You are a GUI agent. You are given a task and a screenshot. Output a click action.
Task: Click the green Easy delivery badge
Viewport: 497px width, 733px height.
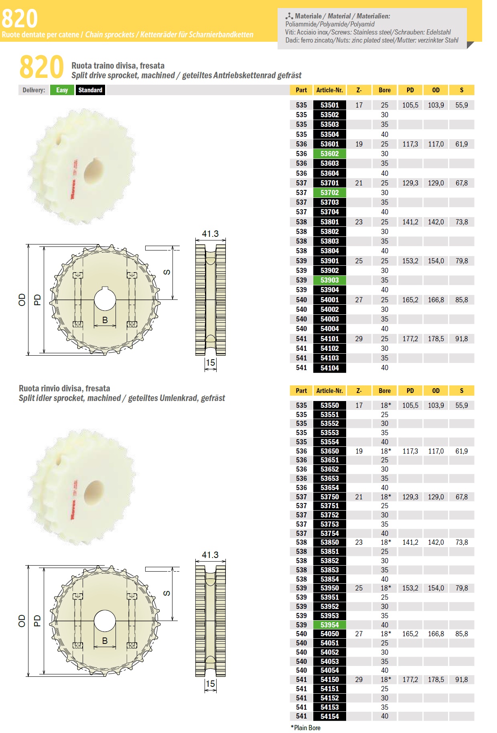(x=62, y=90)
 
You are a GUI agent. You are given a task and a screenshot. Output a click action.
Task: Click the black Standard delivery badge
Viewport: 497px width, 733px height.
(x=90, y=90)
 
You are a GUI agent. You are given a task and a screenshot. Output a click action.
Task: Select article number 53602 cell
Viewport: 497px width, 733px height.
(x=330, y=154)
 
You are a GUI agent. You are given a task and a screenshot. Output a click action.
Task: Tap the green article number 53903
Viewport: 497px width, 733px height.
(x=330, y=280)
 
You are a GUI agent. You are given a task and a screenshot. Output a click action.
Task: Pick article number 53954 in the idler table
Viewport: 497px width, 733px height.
(x=330, y=625)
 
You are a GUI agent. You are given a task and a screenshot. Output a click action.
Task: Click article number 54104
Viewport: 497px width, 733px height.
(x=330, y=368)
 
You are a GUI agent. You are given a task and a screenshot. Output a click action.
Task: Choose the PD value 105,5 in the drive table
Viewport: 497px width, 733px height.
(x=410, y=105)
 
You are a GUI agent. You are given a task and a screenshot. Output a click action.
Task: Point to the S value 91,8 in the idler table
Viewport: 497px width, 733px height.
(x=462, y=680)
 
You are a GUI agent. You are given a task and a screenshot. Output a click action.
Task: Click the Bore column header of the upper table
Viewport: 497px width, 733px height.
(x=385, y=90)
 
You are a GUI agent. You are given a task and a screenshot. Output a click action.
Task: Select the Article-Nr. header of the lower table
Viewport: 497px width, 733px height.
(x=330, y=391)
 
